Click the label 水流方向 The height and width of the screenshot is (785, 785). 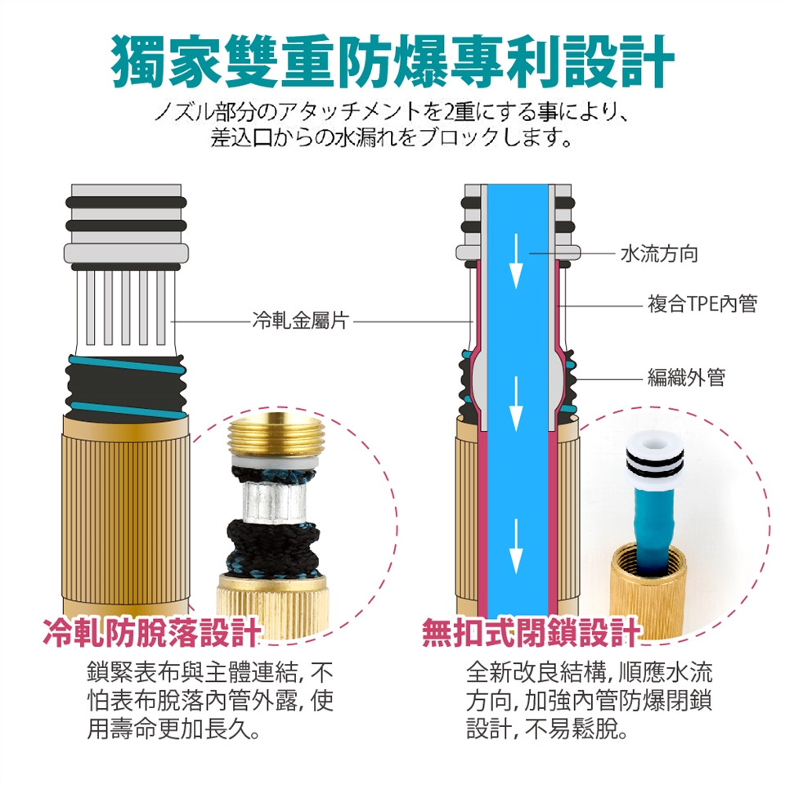coord(659,253)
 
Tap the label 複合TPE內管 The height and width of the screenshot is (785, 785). coord(702,304)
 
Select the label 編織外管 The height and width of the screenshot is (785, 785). coord(686,378)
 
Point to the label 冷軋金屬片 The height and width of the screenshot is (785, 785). coord(300,321)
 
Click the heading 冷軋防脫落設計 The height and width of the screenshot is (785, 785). coord(152,632)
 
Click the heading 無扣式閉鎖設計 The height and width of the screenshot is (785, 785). coord(532,632)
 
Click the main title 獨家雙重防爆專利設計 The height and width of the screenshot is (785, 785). coord(392,62)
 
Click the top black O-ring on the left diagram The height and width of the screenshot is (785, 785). coord(126,204)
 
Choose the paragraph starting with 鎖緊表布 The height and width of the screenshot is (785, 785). coord(210,701)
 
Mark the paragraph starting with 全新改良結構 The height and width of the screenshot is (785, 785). coord(590,701)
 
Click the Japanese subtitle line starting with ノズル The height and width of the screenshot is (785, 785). coord(392,113)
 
